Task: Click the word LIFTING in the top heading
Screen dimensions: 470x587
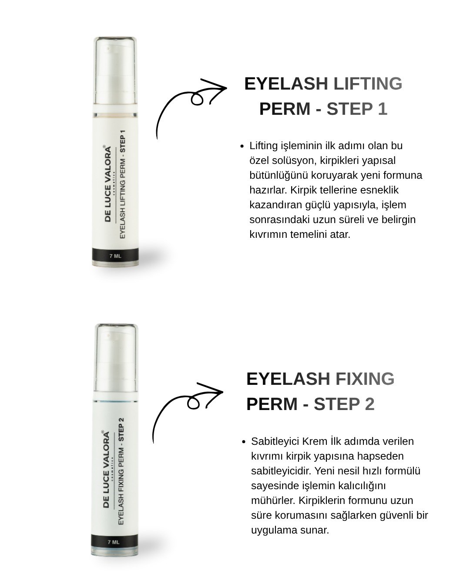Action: [x=368, y=83]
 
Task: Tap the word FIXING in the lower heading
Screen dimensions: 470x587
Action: [x=365, y=379]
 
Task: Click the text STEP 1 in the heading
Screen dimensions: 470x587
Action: [x=357, y=109]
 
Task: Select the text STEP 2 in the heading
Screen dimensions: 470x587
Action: [x=344, y=404]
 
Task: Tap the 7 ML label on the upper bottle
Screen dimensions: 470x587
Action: [x=115, y=256]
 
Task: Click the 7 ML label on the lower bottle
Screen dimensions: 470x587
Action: [x=114, y=542]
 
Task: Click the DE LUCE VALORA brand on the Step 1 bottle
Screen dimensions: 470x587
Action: [x=108, y=184]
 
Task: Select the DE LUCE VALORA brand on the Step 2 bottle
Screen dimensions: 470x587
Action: [x=107, y=469]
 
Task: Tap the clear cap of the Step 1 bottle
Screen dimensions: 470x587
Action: [x=115, y=70]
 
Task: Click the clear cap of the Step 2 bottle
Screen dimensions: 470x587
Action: [x=116, y=357]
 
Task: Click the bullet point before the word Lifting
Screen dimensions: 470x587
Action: [x=242, y=147]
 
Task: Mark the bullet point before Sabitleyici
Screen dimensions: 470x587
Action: [x=244, y=442]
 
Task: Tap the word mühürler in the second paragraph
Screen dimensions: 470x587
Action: [x=273, y=500]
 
